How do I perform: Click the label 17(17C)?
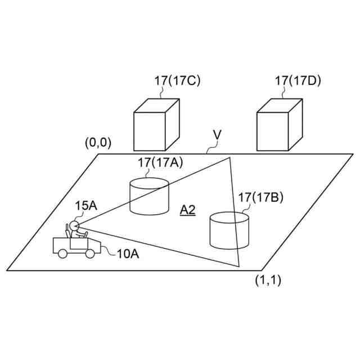point(177,80)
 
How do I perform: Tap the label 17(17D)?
point(298,80)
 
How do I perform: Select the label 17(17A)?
point(161,163)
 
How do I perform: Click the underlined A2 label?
point(187,210)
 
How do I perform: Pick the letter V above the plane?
point(217,136)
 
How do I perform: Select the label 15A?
point(86,206)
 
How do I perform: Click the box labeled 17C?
point(156,124)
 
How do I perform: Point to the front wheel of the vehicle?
point(90,254)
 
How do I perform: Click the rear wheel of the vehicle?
point(62,254)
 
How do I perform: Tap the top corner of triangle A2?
point(229,157)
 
